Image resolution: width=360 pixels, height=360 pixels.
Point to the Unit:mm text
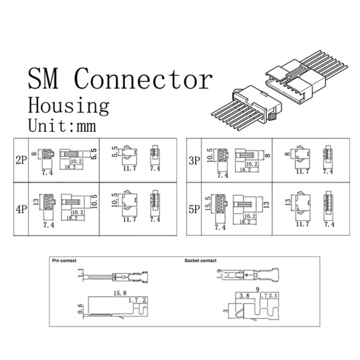62,126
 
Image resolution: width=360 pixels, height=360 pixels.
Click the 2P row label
20,160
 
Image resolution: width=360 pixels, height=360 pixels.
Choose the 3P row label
194,161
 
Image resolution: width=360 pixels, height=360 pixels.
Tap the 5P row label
194,209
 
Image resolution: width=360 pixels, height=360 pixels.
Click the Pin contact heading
64,261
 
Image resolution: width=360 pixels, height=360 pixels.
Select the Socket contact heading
200,261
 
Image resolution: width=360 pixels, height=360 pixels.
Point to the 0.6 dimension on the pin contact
80,309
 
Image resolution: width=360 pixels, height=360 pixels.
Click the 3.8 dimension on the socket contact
245,296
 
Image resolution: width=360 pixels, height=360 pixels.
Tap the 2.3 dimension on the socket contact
273,296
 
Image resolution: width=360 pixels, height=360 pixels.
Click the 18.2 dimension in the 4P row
72,218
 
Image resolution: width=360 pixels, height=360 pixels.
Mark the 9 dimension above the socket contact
258,289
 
